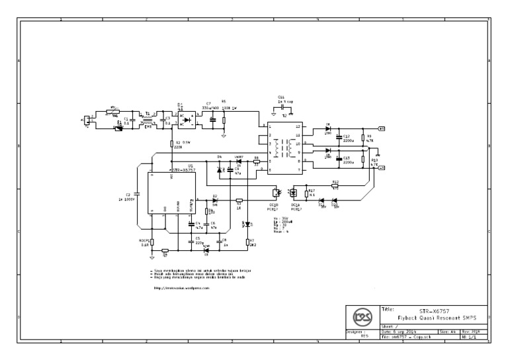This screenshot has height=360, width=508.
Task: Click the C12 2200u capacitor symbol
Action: pyautogui.click(x=338, y=138)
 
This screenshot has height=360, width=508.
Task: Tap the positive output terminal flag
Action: pyautogui.click(x=381, y=128)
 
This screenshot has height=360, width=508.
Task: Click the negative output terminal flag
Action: pyautogui.click(x=381, y=168)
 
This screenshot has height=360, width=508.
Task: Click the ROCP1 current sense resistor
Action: pyautogui.click(x=151, y=243)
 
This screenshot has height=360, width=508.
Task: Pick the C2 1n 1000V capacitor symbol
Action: pyautogui.click(x=138, y=197)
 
